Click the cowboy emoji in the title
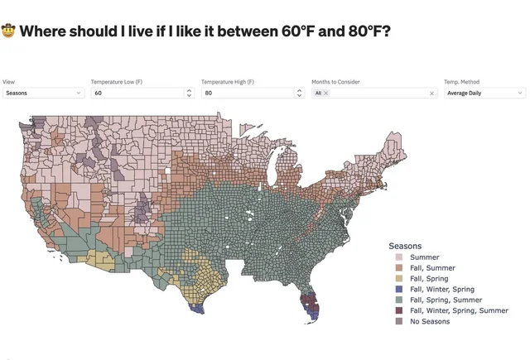9,32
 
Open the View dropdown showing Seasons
43,94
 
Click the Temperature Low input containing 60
137,94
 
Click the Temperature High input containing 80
247,94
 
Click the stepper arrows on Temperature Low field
189,94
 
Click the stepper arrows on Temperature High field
299,94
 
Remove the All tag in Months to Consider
326,94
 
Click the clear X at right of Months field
431,94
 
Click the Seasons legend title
405,246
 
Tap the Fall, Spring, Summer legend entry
445,300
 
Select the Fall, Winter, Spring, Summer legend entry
459,310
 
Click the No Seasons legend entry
430,321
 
